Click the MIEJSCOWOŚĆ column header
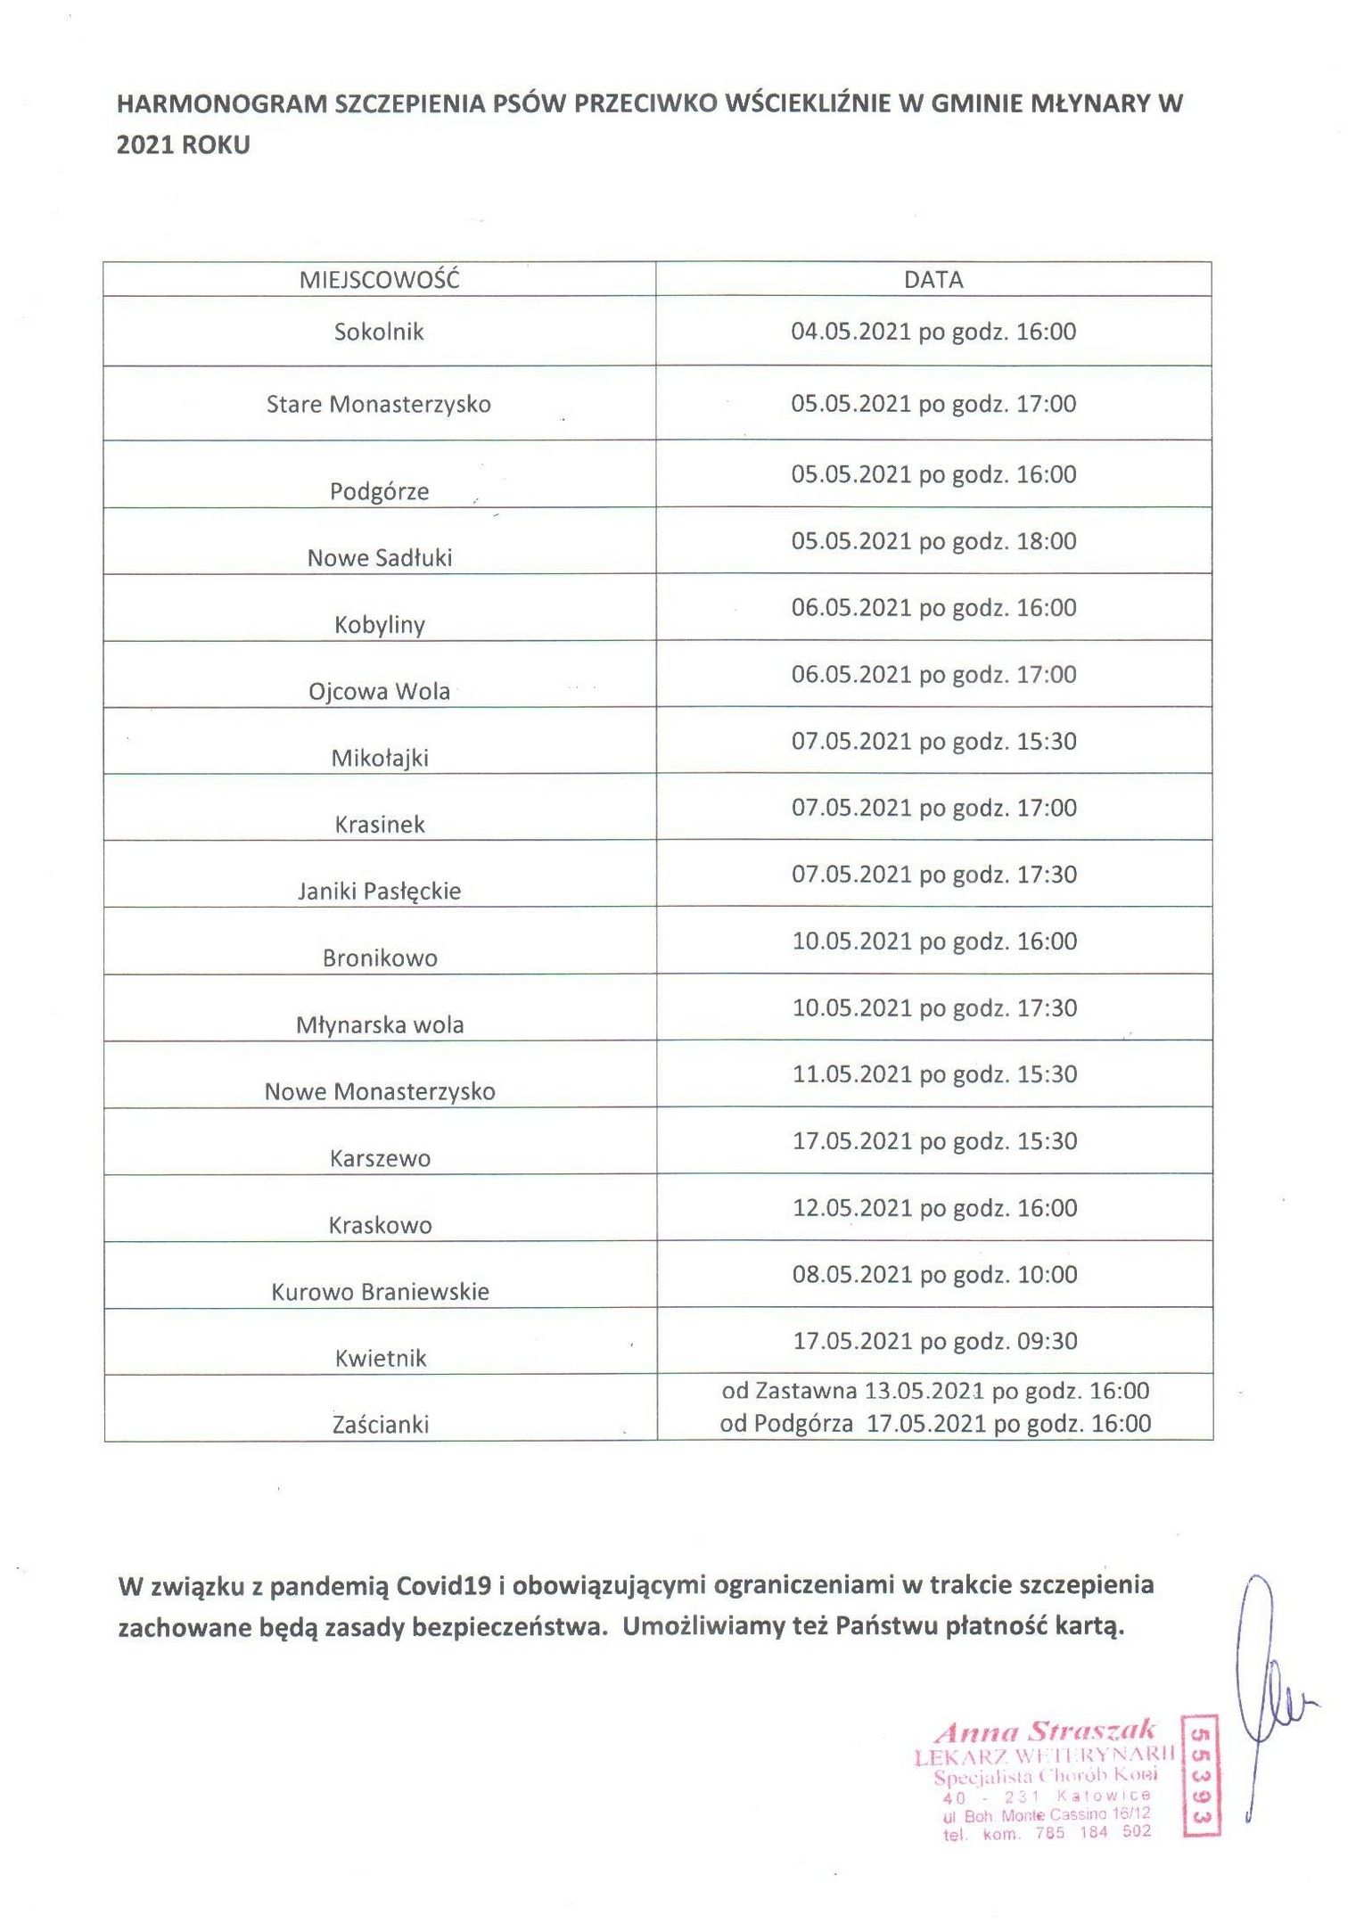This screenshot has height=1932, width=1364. [x=379, y=280]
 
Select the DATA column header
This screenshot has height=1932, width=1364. [x=933, y=280]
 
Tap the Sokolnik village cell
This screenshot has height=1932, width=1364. [x=379, y=333]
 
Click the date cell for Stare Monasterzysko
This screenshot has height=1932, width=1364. [x=933, y=404]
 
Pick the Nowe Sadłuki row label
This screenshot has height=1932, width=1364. [x=379, y=558]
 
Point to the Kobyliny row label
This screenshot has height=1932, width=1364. [x=379, y=625]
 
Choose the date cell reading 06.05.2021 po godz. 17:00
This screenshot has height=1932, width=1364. [x=933, y=675]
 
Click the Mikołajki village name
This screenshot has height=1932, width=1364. [x=379, y=759]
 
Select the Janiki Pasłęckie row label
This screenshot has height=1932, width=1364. [x=379, y=892]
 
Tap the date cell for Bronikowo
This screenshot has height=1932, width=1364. [x=934, y=941]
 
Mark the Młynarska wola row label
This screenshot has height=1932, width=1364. [x=379, y=1025]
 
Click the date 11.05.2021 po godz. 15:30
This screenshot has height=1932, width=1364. [x=934, y=1074]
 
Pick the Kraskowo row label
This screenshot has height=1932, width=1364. [x=379, y=1226]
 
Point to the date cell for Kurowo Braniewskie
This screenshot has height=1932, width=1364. [x=934, y=1275]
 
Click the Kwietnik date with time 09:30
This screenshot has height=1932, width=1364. [x=934, y=1341]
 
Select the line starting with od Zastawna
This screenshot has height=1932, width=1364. [x=934, y=1391]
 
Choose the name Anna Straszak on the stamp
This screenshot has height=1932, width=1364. [x=1045, y=1732]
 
